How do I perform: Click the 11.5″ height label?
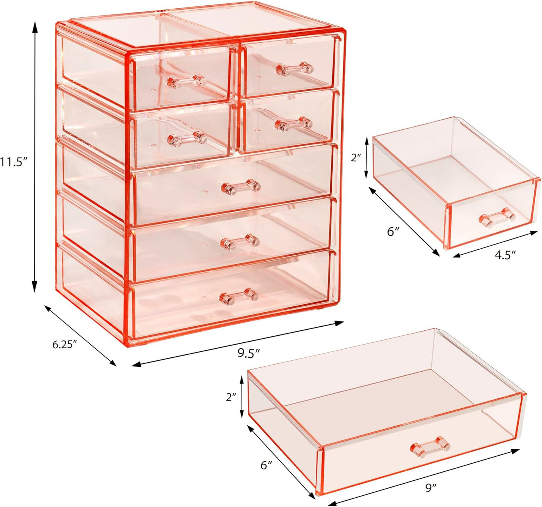(x=14, y=162)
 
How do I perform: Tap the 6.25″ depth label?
(x=65, y=344)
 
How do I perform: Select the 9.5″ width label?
(x=249, y=353)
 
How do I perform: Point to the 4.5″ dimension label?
(x=505, y=255)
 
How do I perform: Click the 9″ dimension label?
(x=431, y=487)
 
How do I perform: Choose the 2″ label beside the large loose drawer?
(x=231, y=397)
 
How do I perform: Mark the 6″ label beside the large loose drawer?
(x=266, y=465)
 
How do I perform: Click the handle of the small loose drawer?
(x=496, y=217)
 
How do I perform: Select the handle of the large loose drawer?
(x=430, y=446)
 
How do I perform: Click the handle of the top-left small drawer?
(x=186, y=81)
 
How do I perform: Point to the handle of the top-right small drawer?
(x=294, y=69)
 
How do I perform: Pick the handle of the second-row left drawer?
(x=187, y=138)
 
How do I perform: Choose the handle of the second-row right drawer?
(x=293, y=124)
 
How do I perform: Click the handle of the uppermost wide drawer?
(x=241, y=186)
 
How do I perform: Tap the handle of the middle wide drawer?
(x=240, y=241)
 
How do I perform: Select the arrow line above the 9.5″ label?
(x=237, y=342)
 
